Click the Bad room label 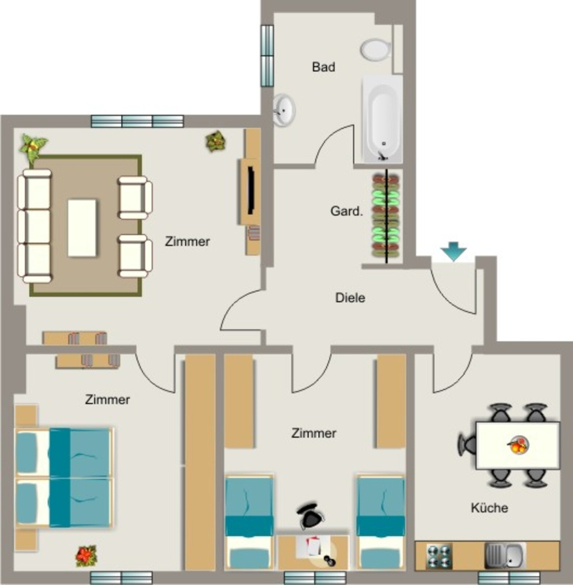click(x=323, y=67)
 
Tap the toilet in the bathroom click(x=376, y=50)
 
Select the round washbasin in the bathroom click(x=284, y=110)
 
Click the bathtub click(x=382, y=119)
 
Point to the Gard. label click(x=347, y=211)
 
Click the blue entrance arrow click(x=453, y=251)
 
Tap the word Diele click(x=350, y=298)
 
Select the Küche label click(x=489, y=508)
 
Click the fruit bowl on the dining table click(x=518, y=444)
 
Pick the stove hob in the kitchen click(x=439, y=556)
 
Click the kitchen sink click(x=505, y=555)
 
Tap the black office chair click(x=310, y=515)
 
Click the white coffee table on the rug click(x=82, y=228)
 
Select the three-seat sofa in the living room click(x=35, y=226)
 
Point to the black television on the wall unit click(x=251, y=190)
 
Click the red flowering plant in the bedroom click(x=86, y=555)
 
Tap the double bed click(x=63, y=478)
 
